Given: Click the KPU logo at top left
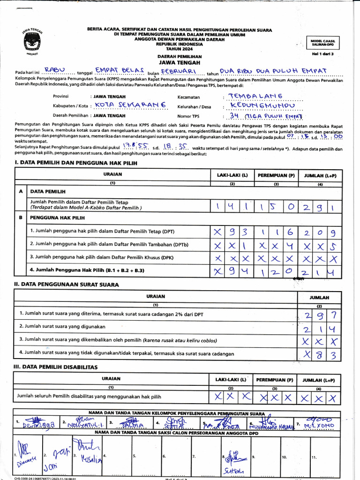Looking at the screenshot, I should pyautogui.click(x=32, y=41).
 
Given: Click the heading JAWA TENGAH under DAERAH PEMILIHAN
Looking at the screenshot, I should pyautogui.click(x=179, y=62).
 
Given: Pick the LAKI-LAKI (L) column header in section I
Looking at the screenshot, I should pyautogui.click(x=232, y=175).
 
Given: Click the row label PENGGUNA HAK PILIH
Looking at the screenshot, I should pyautogui.click(x=58, y=217).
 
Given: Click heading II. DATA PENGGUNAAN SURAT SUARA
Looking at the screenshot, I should pyautogui.click(x=66, y=285).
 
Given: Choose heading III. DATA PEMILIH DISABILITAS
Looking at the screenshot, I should pyautogui.click(x=56, y=367).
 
